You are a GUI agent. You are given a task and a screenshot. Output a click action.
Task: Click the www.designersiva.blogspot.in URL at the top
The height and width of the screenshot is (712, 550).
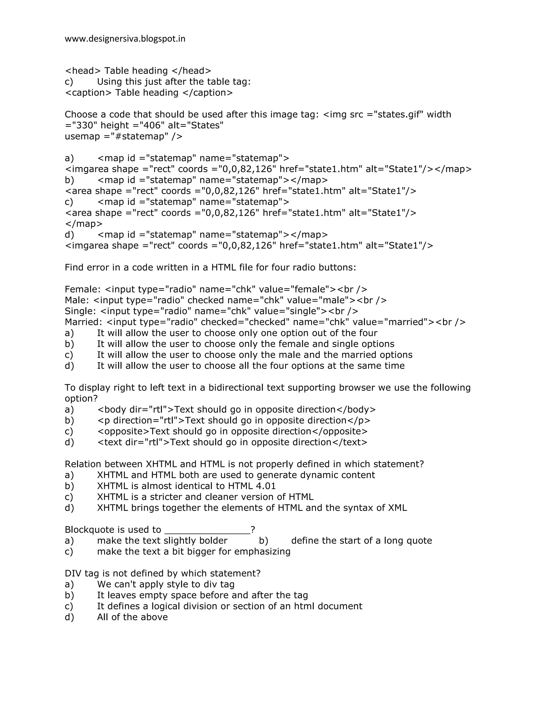125,39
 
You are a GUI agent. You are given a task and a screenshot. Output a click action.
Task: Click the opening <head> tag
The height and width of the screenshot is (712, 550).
83,71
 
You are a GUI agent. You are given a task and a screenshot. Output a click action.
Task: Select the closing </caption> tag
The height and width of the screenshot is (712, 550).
208,93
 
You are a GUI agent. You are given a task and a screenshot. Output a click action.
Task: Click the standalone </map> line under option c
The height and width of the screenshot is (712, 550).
84,224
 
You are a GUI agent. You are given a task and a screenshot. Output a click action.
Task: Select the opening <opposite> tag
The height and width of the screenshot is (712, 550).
124,431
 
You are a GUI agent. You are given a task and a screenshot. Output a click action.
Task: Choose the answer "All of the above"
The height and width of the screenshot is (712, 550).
132,617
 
